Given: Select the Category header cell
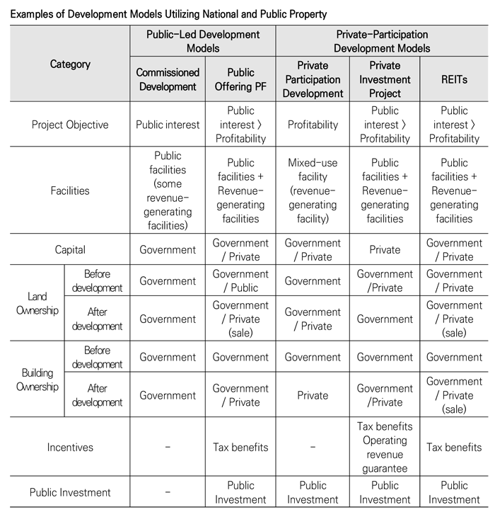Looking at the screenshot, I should pos(70,64).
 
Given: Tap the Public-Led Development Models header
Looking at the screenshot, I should pos(203,41).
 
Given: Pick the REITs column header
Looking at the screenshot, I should pos(454,79).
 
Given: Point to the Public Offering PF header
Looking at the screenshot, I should pos(240,79).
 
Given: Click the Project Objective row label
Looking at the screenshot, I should pos(70,125).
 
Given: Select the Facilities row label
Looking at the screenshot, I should pos(70,191).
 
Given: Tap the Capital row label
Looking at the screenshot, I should pos(70,249).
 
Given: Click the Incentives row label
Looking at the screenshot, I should pos(70,448).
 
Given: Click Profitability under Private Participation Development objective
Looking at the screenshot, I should pos(313,125).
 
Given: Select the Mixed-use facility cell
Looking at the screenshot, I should pos(313,191).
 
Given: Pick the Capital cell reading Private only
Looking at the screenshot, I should pos(385,249).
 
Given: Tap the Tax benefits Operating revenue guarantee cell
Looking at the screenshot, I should pos(385,448).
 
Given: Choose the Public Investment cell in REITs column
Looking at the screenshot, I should pos(454,492).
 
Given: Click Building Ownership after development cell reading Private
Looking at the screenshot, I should pos(313,396).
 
